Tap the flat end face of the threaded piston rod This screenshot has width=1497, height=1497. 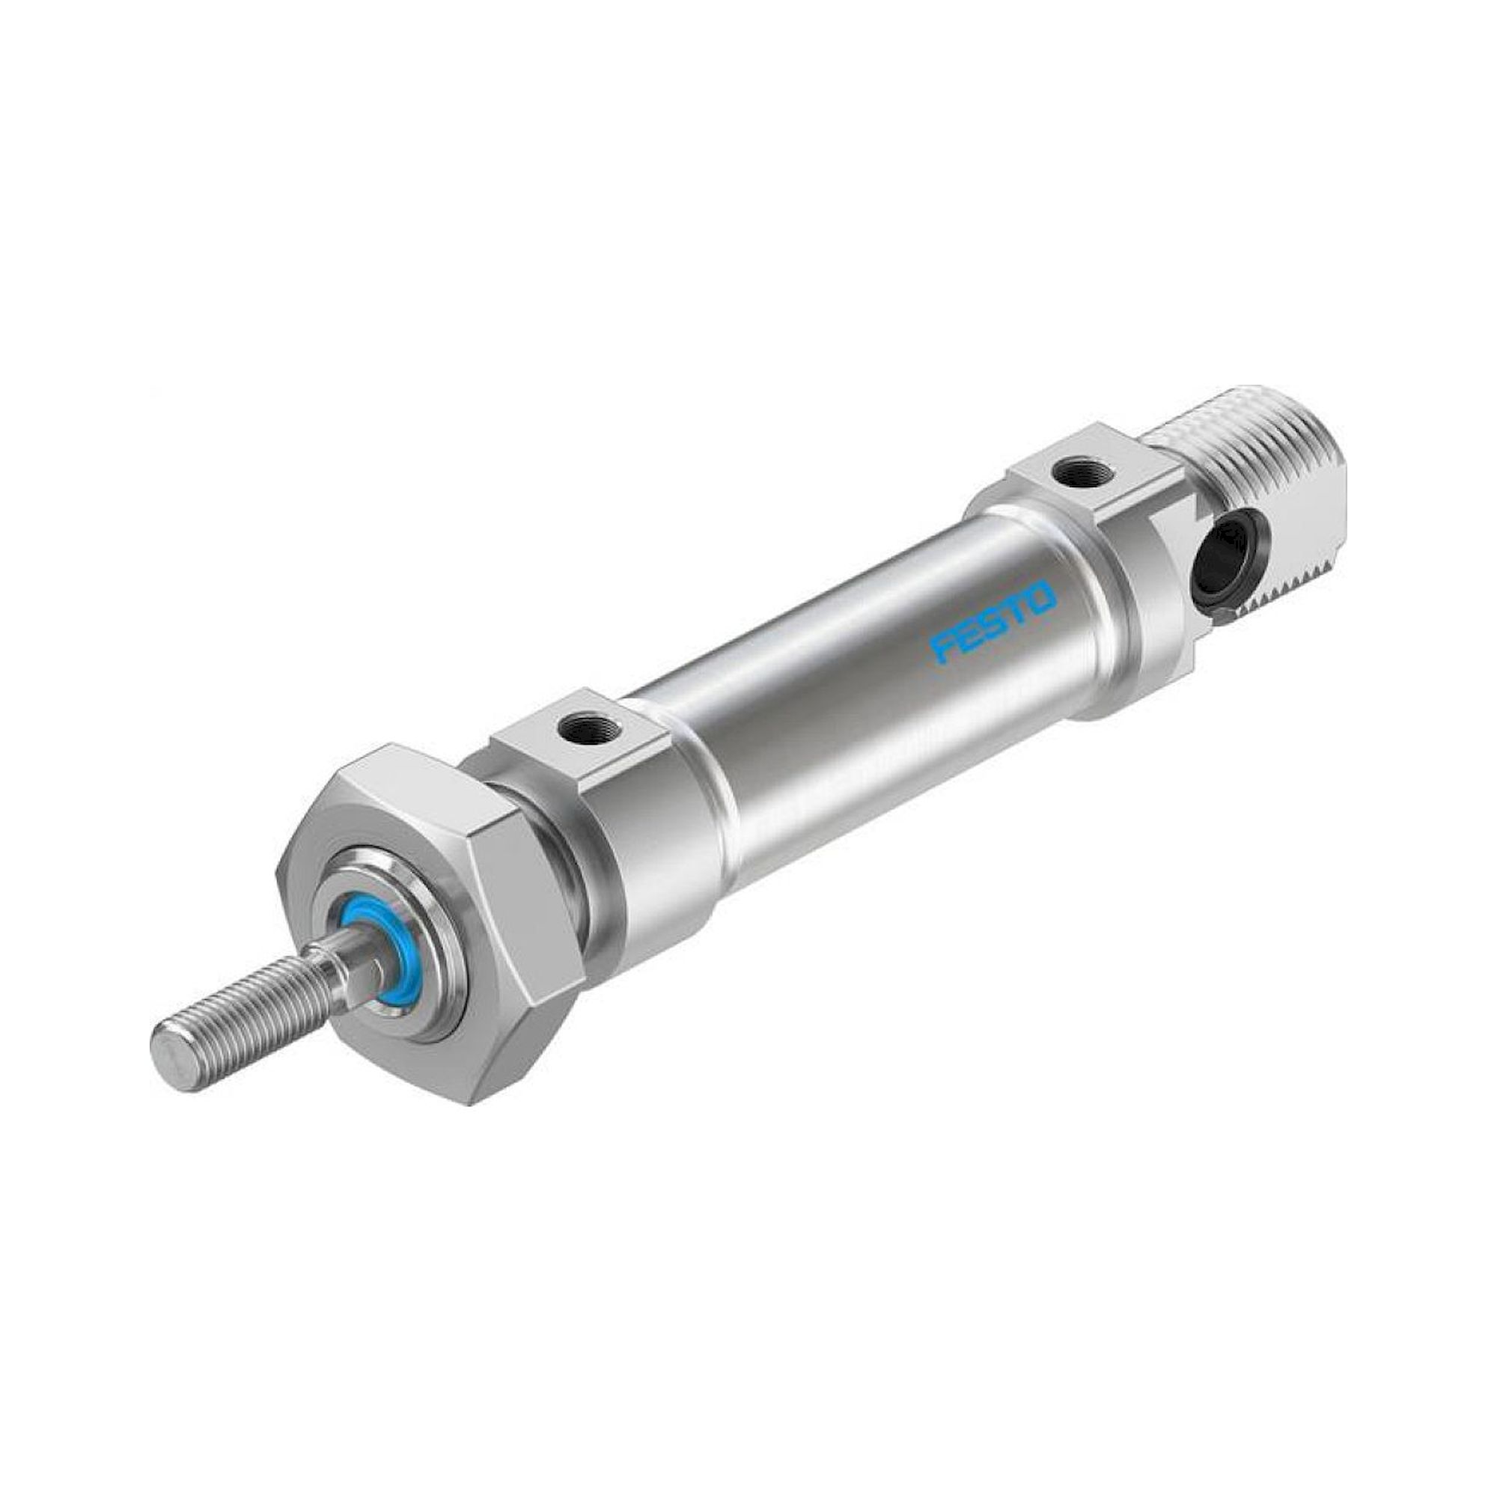point(171,1055)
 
